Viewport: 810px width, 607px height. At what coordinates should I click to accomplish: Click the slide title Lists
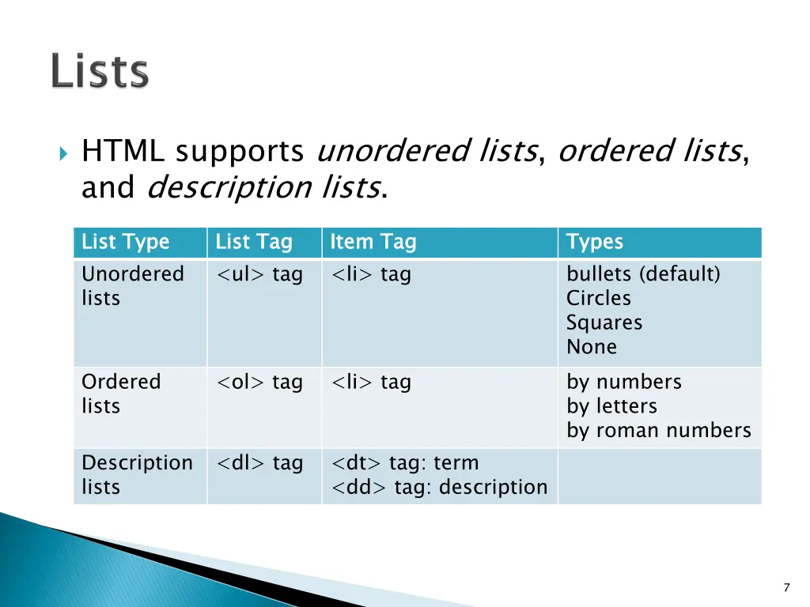point(100,72)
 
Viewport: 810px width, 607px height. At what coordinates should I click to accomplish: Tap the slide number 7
point(786,587)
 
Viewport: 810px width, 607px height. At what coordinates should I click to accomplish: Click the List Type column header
point(126,242)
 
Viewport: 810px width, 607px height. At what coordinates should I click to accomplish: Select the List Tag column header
point(254,242)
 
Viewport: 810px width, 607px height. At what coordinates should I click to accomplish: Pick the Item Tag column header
point(373,242)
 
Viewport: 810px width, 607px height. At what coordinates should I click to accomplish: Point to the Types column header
point(595,242)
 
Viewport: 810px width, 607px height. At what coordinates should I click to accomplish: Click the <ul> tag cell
point(260,274)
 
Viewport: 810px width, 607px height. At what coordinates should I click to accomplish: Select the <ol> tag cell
point(260,383)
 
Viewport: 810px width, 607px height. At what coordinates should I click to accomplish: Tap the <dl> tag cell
point(260,463)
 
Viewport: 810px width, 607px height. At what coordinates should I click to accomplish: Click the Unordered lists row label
point(132,286)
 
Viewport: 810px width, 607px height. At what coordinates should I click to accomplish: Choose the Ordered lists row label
point(121,394)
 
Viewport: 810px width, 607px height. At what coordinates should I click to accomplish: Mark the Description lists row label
point(137,475)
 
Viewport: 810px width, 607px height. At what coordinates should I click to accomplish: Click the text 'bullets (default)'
point(643,274)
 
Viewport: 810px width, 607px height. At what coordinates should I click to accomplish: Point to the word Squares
point(604,322)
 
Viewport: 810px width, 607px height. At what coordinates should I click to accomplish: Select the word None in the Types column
point(592,347)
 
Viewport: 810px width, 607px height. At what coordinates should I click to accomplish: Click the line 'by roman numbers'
point(658,431)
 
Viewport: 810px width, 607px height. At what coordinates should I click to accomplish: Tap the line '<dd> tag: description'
point(440,488)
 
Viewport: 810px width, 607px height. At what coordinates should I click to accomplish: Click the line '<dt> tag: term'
point(405,463)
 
